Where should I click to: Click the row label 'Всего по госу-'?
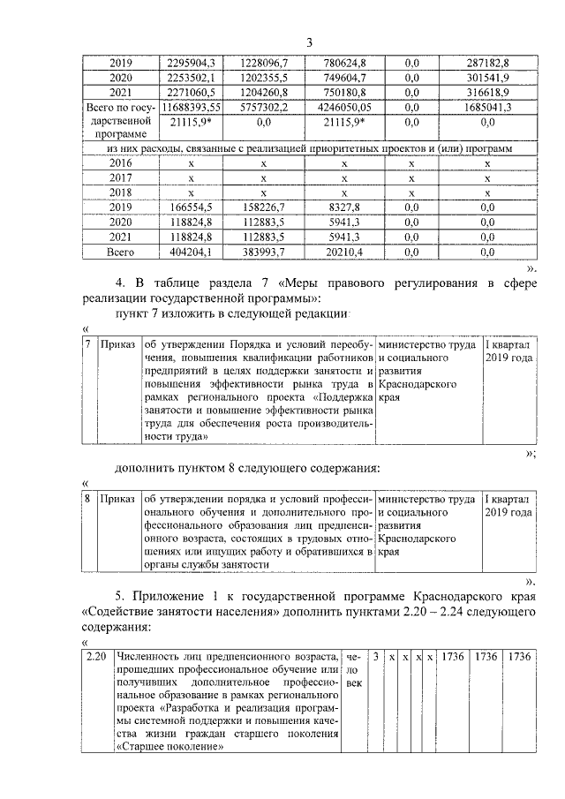point(119,107)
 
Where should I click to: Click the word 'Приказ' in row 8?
point(117,500)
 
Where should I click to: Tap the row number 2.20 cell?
point(97,658)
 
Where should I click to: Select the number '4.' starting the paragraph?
point(122,283)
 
